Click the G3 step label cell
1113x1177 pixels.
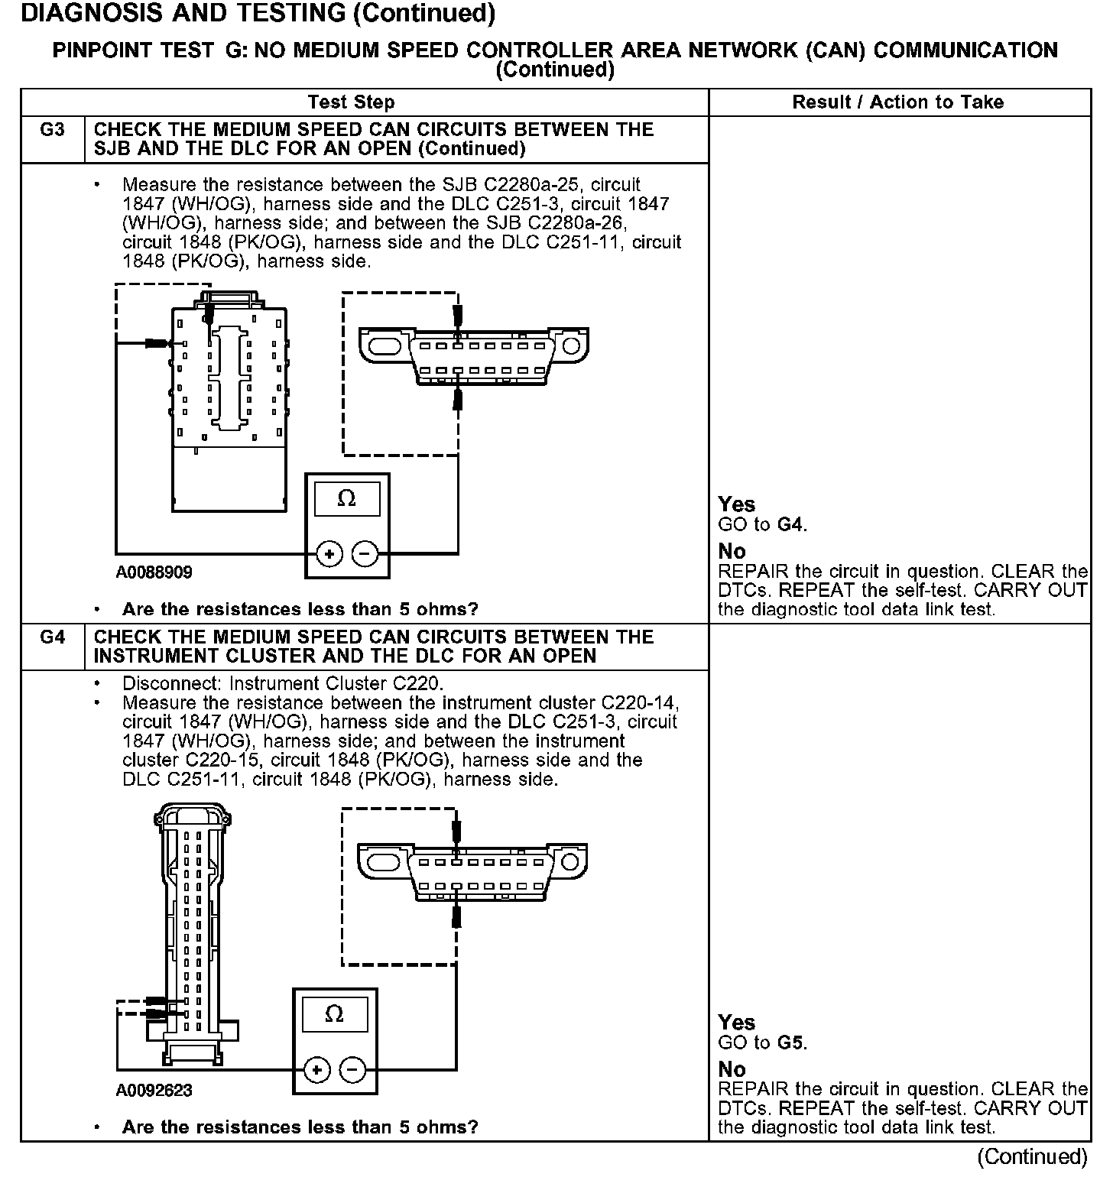(52, 130)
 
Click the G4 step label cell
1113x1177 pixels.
(52, 637)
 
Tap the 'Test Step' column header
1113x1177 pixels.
(351, 102)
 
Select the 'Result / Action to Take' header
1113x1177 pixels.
(897, 102)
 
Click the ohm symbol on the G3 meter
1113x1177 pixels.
(346, 499)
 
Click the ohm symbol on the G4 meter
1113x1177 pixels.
(334, 1014)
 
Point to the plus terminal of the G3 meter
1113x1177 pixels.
(329, 553)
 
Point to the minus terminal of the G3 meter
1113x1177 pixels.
(365, 553)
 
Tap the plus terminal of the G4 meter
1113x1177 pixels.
(316, 1069)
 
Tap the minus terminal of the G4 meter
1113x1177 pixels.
(352, 1069)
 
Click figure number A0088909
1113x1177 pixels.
(154, 572)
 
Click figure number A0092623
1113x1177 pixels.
(154, 1090)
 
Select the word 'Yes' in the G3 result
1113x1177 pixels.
(736, 504)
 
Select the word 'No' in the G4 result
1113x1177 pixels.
(732, 1069)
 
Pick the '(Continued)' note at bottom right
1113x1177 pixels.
(1032, 1156)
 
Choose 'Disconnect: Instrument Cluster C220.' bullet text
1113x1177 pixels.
(283, 683)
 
